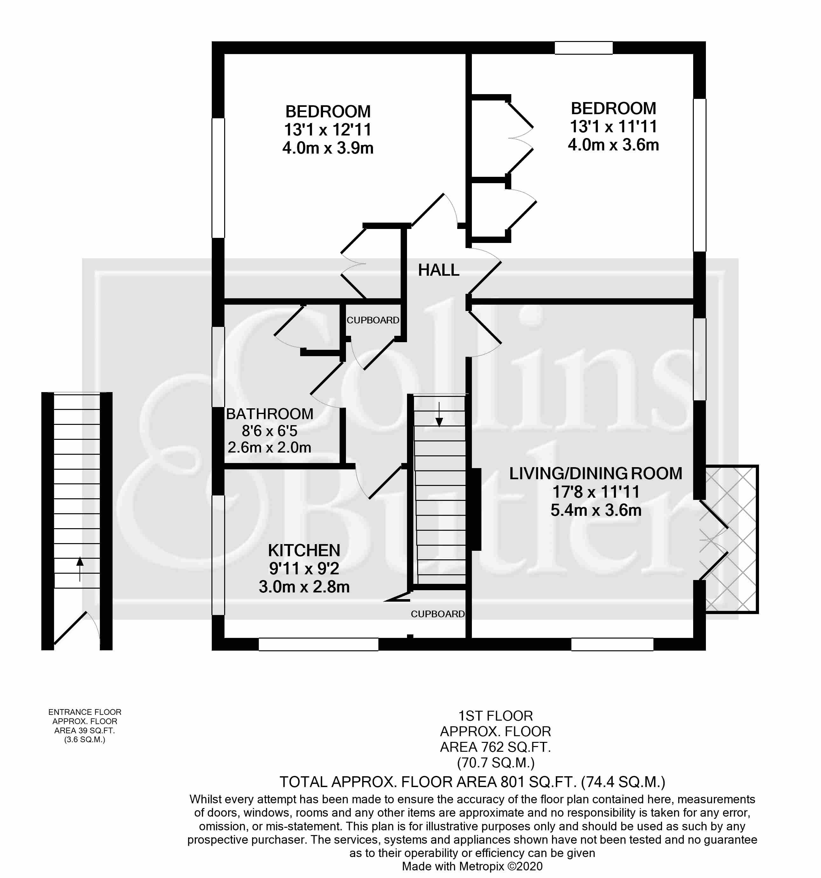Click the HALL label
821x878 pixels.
point(438,270)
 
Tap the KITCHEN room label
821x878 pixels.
point(304,550)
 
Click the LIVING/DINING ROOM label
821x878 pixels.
point(595,474)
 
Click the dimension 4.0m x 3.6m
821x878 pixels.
point(613,145)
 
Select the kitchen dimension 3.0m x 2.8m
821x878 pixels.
point(304,587)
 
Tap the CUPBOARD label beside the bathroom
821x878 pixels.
point(373,320)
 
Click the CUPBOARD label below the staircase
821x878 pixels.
point(437,614)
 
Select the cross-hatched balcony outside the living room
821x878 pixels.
point(731,539)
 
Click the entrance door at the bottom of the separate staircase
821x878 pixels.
point(73,629)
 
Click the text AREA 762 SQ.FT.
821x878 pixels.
point(495,747)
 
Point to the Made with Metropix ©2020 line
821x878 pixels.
point(472,866)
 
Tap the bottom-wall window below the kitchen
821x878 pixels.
point(318,644)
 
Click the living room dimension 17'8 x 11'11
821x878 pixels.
point(595,492)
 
